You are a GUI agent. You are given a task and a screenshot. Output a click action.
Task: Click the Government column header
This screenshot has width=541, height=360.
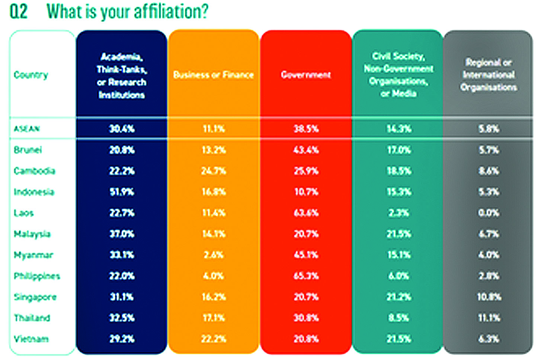[306, 75]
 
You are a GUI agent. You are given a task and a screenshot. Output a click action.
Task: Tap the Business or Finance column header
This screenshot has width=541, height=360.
[213, 75]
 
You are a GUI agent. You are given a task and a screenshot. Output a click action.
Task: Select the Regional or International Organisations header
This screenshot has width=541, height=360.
[489, 74]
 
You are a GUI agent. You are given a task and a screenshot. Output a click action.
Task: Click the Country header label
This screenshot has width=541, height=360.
[31, 75]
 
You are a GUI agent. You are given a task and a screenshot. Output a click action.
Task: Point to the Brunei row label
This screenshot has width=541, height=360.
[28, 150]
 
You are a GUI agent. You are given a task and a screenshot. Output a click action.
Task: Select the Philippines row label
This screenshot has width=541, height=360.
[36, 276]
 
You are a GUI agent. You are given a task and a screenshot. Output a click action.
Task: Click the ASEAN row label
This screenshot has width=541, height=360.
[26, 129]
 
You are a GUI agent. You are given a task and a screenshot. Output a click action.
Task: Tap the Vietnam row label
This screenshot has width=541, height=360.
[31, 339]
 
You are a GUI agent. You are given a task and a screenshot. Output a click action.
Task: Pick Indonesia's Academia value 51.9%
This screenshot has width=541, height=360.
[122, 192]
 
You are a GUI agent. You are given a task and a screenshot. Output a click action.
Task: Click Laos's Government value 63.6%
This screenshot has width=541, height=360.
[306, 213]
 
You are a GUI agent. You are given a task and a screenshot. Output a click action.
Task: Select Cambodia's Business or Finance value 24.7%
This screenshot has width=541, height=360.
[213, 171]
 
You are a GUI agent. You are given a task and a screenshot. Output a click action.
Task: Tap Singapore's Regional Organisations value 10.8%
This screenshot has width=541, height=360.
[489, 297]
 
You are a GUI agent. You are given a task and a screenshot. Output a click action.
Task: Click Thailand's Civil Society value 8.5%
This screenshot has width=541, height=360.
[398, 318]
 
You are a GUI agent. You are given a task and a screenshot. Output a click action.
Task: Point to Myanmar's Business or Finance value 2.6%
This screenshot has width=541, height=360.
[213, 255]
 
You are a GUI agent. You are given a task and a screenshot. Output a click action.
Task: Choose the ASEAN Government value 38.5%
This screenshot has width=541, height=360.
[306, 129]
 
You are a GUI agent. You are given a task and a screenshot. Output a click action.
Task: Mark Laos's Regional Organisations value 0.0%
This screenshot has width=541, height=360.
[489, 213]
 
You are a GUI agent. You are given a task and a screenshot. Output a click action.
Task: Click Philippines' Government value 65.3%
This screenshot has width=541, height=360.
[306, 276]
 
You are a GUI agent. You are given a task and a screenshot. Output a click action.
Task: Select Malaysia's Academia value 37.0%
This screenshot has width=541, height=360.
[122, 234]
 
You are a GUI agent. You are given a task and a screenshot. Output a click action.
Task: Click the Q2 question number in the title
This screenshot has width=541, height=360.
[18, 12]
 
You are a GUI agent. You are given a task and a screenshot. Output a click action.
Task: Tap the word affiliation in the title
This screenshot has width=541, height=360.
[168, 12]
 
